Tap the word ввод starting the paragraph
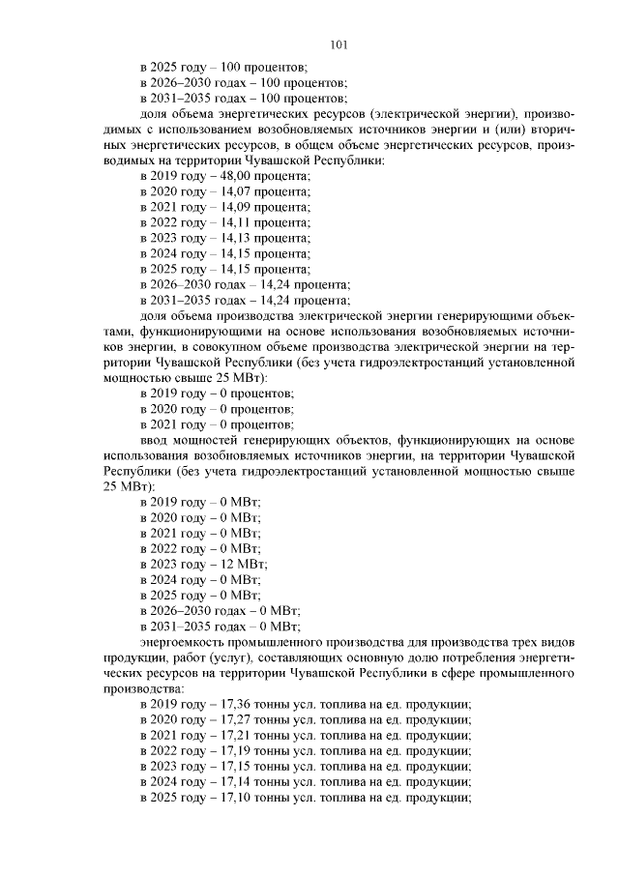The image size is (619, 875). click(156, 441)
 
